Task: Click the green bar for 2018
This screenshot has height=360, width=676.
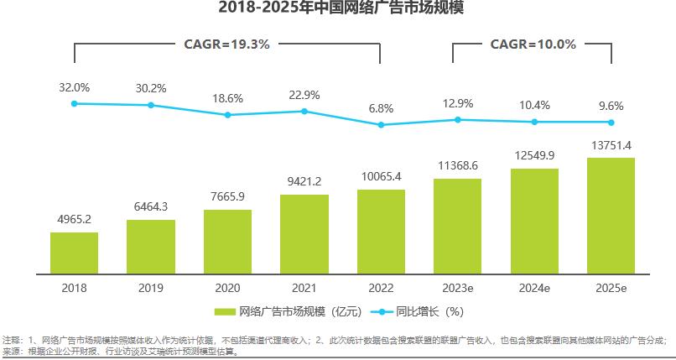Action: tap(74, 253)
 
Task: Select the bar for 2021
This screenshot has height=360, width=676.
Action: tap(304, 234)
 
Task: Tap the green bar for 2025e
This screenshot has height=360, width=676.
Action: tap(611, 216)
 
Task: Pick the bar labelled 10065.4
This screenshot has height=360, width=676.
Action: tap(381, 232)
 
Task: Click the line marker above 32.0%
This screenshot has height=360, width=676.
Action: tap(74, 103)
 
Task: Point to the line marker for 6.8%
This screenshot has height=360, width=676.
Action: tap(381, 125)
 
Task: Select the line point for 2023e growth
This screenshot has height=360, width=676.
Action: tap(457, 120)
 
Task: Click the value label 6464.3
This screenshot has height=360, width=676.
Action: tap(151, 206)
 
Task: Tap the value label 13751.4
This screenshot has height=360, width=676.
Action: tap(611, 145)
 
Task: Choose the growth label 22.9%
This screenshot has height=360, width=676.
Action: tap(304, 94)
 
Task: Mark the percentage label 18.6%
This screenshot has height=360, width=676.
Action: tap(227, 98)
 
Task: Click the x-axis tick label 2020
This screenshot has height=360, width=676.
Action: tap(227, 287)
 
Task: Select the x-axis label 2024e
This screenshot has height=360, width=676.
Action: tap(534, 287)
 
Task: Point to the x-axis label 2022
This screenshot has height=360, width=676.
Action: tap(381, 287)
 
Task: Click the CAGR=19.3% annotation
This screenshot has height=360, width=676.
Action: tap(226, 44)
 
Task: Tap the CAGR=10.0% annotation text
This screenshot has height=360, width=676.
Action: tap(533, 44)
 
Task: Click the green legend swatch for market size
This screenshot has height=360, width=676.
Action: tap(225, 311)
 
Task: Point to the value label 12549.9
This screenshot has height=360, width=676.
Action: tap(534, 155)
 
